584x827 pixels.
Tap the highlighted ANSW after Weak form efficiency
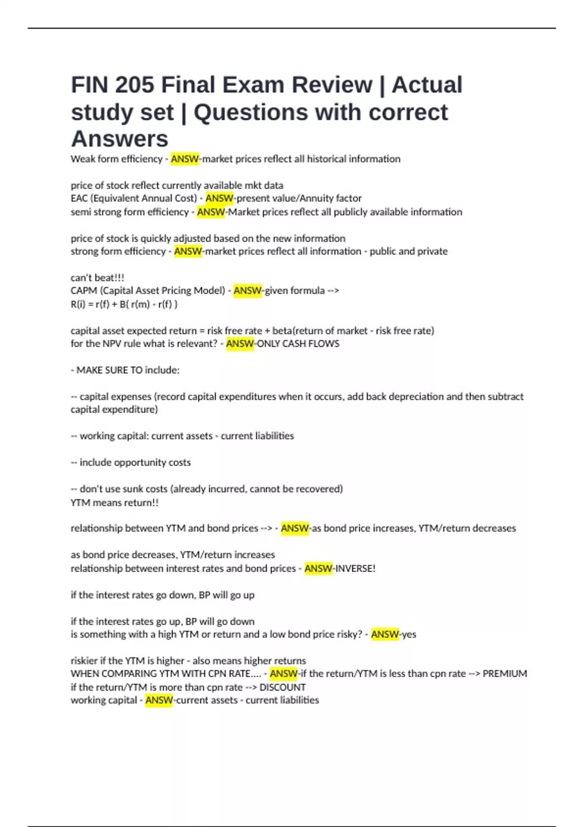click(185, 159)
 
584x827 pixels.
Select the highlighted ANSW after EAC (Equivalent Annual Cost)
click(219, 198)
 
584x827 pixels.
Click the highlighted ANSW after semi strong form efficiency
click(211, 212)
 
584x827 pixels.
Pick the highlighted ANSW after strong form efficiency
click(188, 252)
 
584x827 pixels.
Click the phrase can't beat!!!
click(97, 278)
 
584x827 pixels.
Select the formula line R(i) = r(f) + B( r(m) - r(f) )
click(124, 305)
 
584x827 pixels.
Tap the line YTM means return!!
click(114, 503)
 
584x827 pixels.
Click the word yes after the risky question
click(409, 634)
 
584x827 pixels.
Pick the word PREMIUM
click(505, 674)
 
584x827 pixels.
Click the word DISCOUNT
click(283, 687)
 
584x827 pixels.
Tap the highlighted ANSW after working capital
click(159, 701)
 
